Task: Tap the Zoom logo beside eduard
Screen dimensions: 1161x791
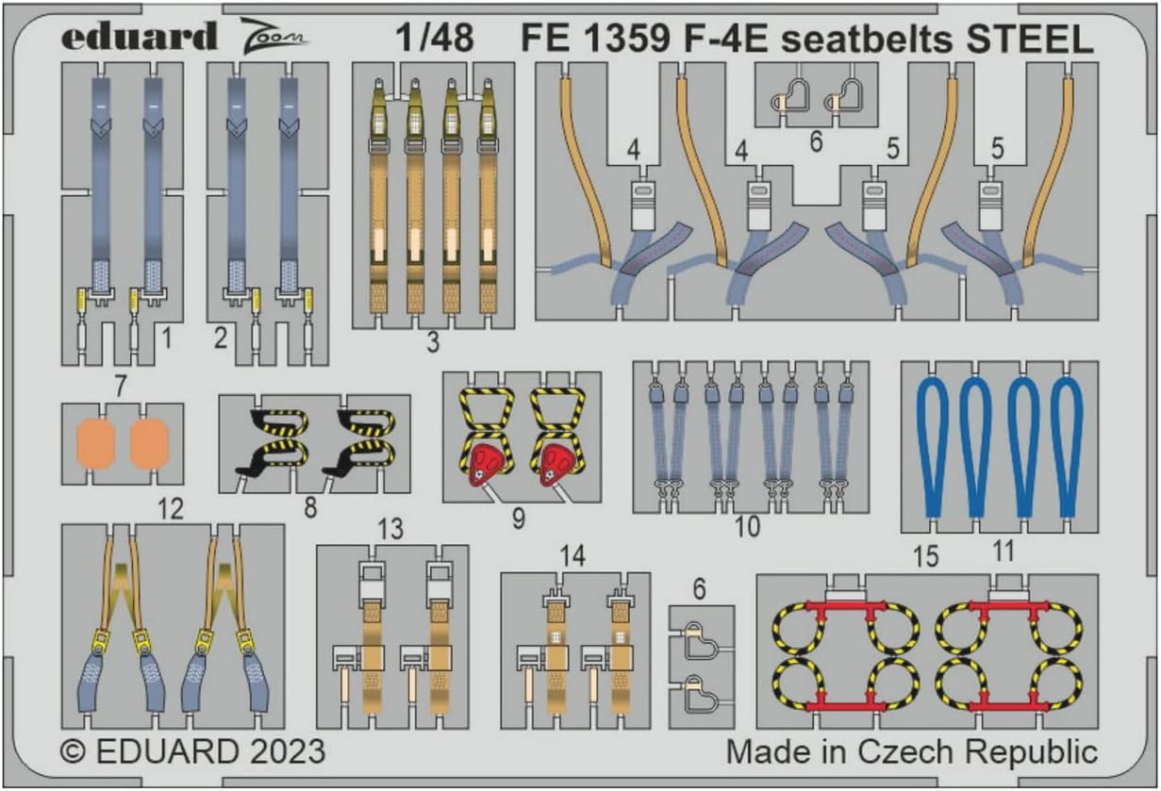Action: click(x=274, y=36)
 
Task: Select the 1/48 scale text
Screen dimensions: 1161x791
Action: click(x=435, y=38)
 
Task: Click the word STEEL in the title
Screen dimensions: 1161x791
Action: click(x=1030, y=40)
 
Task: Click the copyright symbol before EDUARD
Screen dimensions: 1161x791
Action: click(x=73, y=752)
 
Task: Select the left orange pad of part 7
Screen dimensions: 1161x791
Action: click(x=95, y=444)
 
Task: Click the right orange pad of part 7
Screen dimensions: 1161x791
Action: click(x=150, y=444)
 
